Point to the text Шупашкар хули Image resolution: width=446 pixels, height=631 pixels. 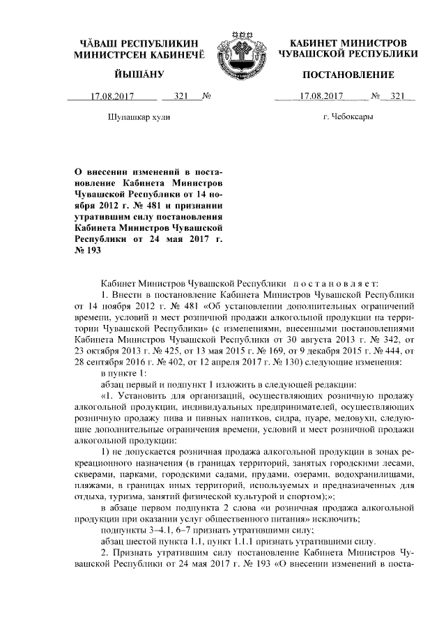point(139,116)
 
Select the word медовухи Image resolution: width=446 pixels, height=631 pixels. point(353,418)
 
